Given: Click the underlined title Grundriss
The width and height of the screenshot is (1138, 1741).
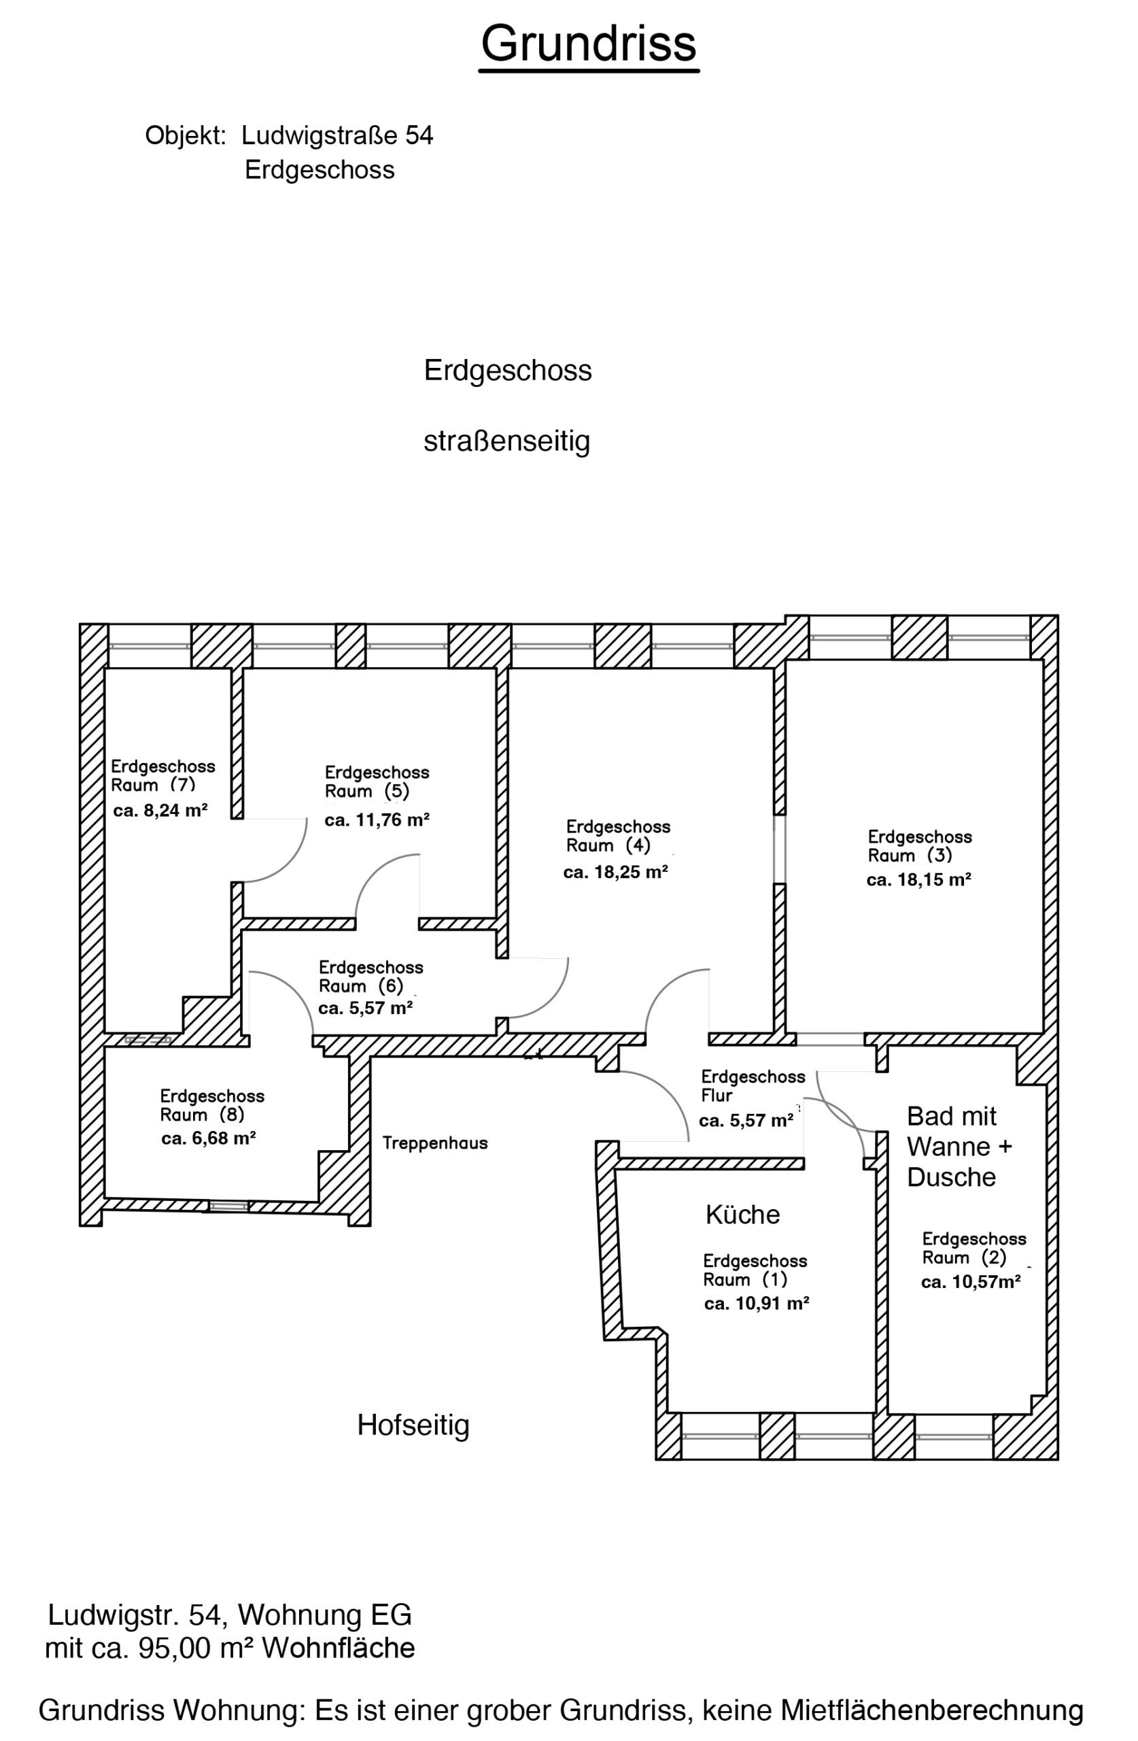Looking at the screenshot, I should (588, 44).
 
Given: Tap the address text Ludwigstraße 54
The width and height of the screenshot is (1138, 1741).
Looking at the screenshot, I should (337, 135).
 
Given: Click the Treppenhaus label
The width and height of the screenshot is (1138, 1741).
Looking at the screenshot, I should (434, 1143).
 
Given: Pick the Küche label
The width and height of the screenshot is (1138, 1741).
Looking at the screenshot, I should (742, 1215).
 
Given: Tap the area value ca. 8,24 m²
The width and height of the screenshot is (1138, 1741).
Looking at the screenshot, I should (160, 811).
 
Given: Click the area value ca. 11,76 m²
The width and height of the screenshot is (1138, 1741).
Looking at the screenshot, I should (377, 820).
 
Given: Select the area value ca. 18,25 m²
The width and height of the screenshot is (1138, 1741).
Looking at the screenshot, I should (615, 873).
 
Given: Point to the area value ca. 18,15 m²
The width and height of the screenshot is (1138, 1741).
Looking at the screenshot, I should (918, 880).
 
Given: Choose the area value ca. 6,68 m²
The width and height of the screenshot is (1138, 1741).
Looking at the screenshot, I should (209, 1138).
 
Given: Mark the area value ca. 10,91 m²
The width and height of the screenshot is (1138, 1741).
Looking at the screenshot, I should (756, 1304).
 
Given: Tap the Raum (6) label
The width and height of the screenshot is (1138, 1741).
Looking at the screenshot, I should (360, 986).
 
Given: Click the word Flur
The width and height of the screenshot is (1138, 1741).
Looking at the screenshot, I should (717, 1096).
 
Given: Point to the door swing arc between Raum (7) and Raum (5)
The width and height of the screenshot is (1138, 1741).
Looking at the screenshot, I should (288, 863).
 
